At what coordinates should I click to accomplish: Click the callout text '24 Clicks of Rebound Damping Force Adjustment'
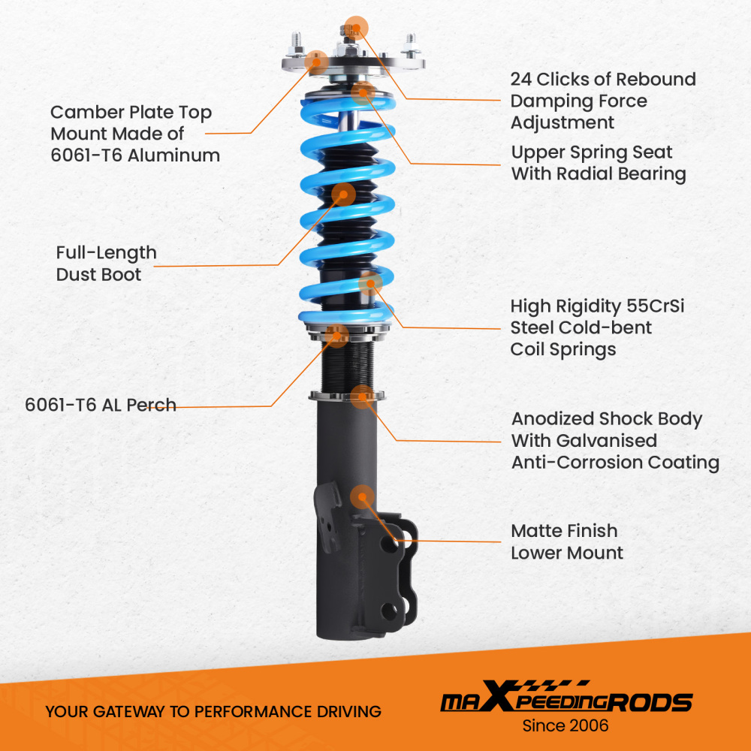point(602,101)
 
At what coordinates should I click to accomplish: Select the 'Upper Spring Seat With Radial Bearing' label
point(599,163)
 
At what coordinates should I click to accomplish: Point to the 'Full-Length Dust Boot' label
point(106,263)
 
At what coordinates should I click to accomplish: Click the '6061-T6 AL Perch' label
point(101,405)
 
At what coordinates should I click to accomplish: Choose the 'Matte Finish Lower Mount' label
point(567,541)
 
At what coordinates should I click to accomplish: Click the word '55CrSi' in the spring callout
point(648,306)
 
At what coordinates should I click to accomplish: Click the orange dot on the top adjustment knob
point(356,26)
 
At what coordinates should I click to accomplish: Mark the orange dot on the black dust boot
point(343,194)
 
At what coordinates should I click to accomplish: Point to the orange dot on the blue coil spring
point(371,283)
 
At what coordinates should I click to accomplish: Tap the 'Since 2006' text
point(566,726)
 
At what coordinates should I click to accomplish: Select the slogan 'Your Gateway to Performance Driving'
point(213,711)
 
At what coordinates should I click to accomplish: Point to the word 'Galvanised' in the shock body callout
point(584,441)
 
